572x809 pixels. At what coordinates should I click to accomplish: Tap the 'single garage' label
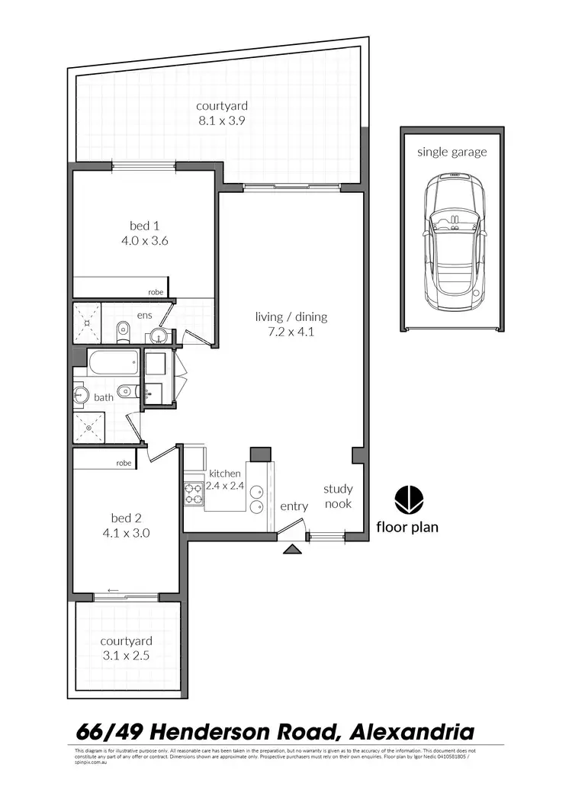[x=451, y=152]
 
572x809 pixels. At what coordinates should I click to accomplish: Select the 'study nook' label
[x=338, y=496]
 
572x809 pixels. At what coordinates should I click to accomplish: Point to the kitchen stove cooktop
[x=193, y=493]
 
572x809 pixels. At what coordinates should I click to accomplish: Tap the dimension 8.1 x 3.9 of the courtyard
[x=221, y=120]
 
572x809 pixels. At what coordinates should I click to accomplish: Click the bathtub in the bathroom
[x=113, y=362]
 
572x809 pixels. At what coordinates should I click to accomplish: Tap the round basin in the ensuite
[x=159, y=335]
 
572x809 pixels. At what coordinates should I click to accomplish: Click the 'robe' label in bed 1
[x=156, y=292]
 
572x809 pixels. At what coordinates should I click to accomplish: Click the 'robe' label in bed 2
[x=124, y=463]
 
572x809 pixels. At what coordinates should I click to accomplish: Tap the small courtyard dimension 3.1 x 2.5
[x=127, y=655]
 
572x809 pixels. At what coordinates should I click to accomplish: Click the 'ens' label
[x=144, y=314]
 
